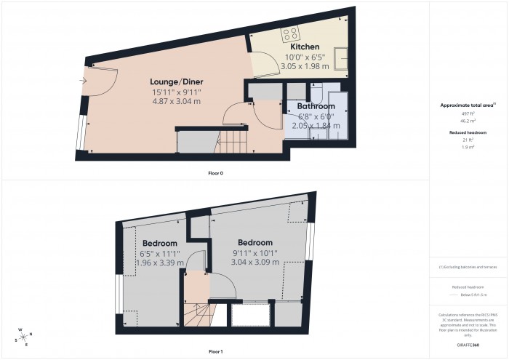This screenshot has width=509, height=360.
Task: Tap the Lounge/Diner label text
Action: pos(176,81)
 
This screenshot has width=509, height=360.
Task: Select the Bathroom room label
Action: pos(316,105)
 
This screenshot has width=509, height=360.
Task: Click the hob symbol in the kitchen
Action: pos(291,32)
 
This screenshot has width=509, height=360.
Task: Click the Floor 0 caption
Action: pos(216,173)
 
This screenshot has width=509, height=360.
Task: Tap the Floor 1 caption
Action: pos(216,351)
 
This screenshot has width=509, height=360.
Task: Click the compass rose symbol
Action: pos(23,336)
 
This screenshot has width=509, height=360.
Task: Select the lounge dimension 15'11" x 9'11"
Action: pos(176,92)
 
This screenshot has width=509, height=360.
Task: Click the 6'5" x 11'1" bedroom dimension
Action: pos(160,254)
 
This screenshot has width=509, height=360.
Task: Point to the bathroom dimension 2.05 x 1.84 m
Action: pos(316,124)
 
